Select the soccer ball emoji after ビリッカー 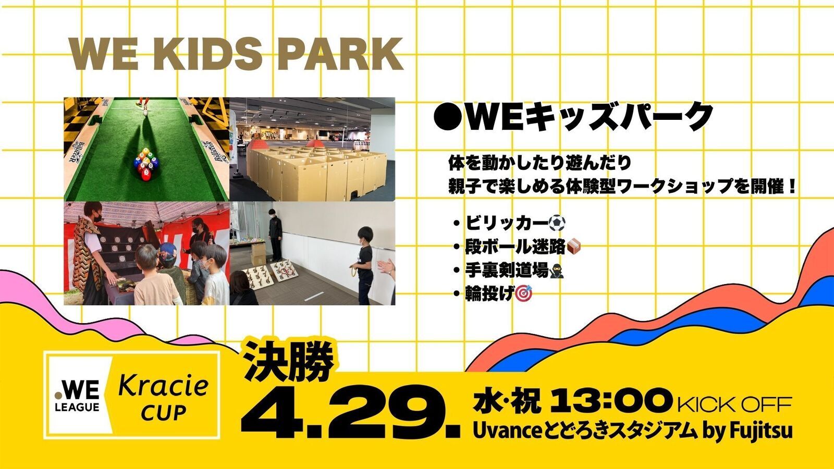(x=557, y=223)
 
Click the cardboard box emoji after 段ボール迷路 (x=573, y=247)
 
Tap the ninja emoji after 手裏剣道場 (x=556, y=270)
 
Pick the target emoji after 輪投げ (x=523, y=294)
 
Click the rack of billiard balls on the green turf (x=146, y=164)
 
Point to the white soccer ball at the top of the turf (x=145, y=111)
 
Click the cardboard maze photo (x=312, y=149)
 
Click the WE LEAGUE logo (x=77, y=398)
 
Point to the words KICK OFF (x=734, y=403)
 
